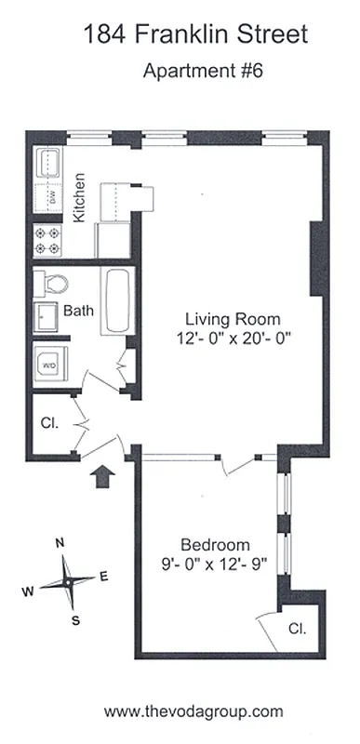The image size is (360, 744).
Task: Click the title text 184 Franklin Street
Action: pyautogui.click(x=194, y=36)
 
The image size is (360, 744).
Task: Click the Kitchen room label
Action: pyautogui.click(x=80, y=197)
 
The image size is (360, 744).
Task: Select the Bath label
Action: pyautogui.click(x=77, y=311)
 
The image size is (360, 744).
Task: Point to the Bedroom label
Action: pyautogui.click(x=215, y=544)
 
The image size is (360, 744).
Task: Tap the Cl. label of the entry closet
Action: pyautogui.click(x=49, y=422)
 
